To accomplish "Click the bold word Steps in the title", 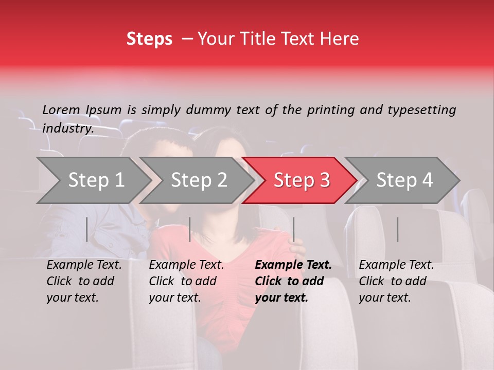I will (149, 39).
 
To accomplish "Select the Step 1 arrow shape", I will (93, 180).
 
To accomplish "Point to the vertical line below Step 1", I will (86, 229).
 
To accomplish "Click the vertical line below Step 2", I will (190, 229).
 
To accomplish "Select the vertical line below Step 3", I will (294, 229).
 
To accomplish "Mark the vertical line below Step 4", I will (398, 229).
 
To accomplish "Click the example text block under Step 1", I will (84, 281).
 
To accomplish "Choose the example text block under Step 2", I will (186, 281).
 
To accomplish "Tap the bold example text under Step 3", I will (293, 281).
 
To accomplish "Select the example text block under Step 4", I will (396, 281).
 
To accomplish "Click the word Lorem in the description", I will (61, 110).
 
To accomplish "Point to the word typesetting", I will (421, 110).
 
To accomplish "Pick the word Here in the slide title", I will (342, 39).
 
